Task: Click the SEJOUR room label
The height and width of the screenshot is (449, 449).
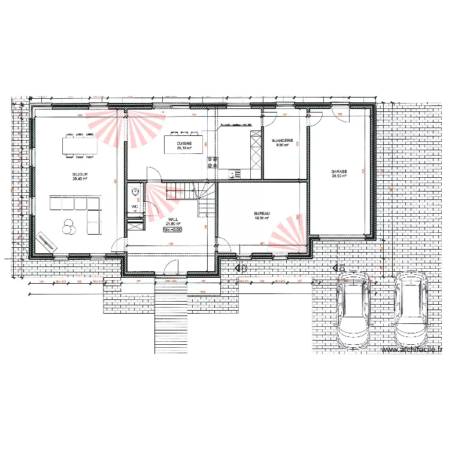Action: coord(80,174)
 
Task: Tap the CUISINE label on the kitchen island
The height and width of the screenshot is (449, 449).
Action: coord(184,144)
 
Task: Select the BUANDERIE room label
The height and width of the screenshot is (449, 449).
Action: coord(282,140)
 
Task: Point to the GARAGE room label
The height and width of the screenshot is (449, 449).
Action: coord(339,172)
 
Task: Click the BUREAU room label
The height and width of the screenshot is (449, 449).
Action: coord(262,214)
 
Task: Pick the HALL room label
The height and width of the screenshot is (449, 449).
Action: coord(173,219)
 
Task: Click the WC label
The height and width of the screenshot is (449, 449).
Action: coord(134,207)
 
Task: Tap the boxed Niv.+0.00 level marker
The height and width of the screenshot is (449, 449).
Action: coord(172,229)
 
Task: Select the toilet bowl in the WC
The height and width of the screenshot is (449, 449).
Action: coord(134,192)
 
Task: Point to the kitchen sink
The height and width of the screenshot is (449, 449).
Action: coord(235,174)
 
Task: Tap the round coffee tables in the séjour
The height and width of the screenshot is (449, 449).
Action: coord(68,226)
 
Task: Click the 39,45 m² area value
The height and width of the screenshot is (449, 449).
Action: coord(80,178)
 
